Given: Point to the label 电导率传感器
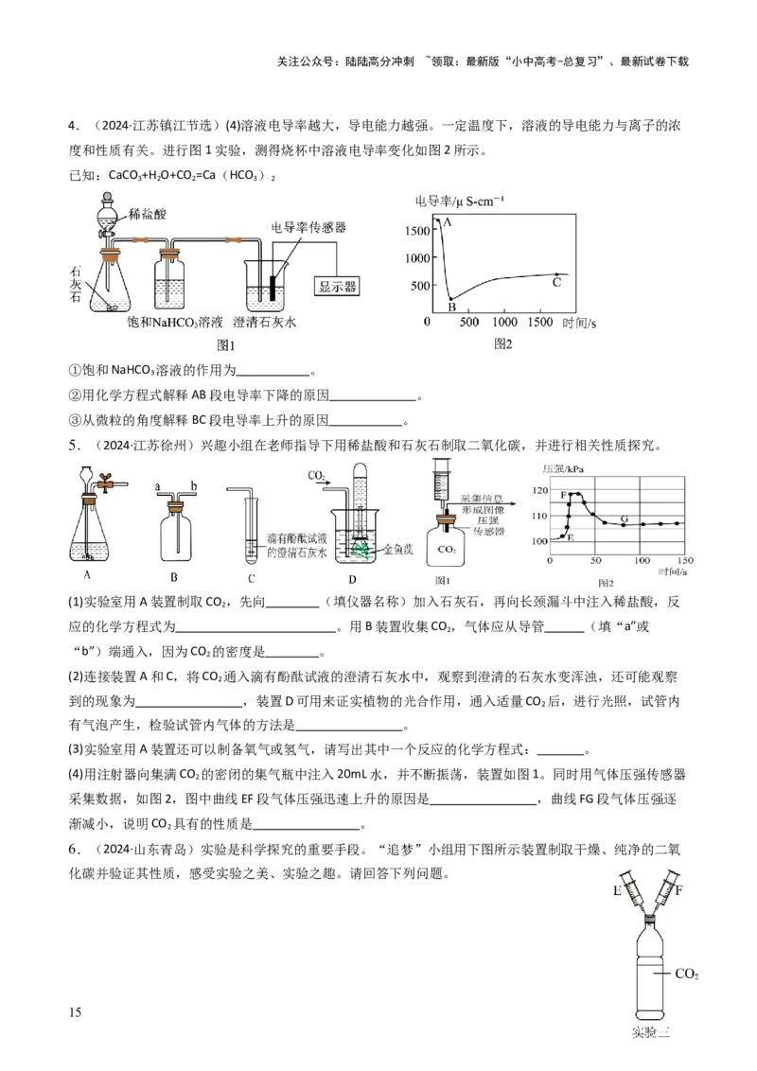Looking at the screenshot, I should point(308,227).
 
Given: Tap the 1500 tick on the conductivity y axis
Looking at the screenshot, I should point(415,230).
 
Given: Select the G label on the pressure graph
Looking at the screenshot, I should point(624,518).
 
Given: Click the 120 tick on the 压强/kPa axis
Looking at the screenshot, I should point(540,490).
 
